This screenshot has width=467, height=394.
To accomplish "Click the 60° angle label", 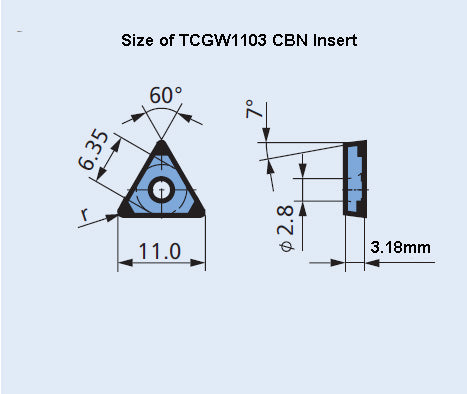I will (x=166, y=96).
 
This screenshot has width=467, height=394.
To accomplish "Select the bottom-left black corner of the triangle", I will (x=126, y=210).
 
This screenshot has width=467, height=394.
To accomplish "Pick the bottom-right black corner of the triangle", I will (x=199, y=210).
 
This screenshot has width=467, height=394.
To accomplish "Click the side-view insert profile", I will (x=355, y=180).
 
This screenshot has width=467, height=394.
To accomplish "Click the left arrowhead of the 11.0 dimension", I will (x=123, y=264).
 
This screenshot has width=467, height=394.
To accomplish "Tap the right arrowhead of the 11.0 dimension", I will (x=202, y=264).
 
